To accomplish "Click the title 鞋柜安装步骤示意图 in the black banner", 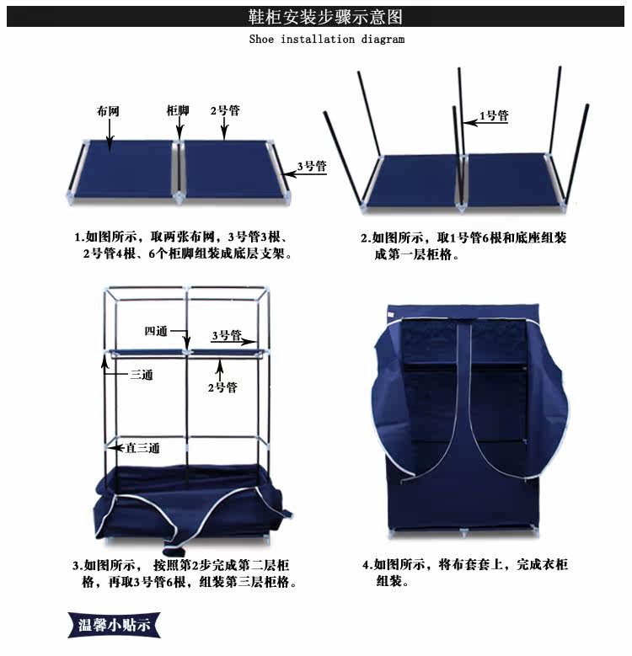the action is [x=325, y=17].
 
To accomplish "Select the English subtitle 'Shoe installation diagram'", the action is [x=327, y=40].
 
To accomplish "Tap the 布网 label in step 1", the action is [x=108, y=111].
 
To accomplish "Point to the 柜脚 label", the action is [x=178, y=110].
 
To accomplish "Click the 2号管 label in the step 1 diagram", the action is [x=225, y=110].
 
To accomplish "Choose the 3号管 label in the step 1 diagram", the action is [x=313, y=166].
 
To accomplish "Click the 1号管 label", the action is [x=494, y=115].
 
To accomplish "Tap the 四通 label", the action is [x=156, y=331].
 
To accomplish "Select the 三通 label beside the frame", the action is [x=142, y=375].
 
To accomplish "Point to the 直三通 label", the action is [x=142, y=448].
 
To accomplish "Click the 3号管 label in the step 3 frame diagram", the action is [x=227, y=335].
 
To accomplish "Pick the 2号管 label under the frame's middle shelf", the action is [x=222, y=387].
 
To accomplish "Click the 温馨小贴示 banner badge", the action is [x=114, y=625].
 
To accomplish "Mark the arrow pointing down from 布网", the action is [x=110, y=134].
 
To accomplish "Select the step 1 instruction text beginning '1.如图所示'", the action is [x=183, y=245].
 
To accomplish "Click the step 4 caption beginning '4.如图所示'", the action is [x=465, y=573].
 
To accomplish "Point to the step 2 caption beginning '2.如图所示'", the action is [x=463, y=246].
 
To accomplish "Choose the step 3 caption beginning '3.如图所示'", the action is [x=185, y=573].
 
